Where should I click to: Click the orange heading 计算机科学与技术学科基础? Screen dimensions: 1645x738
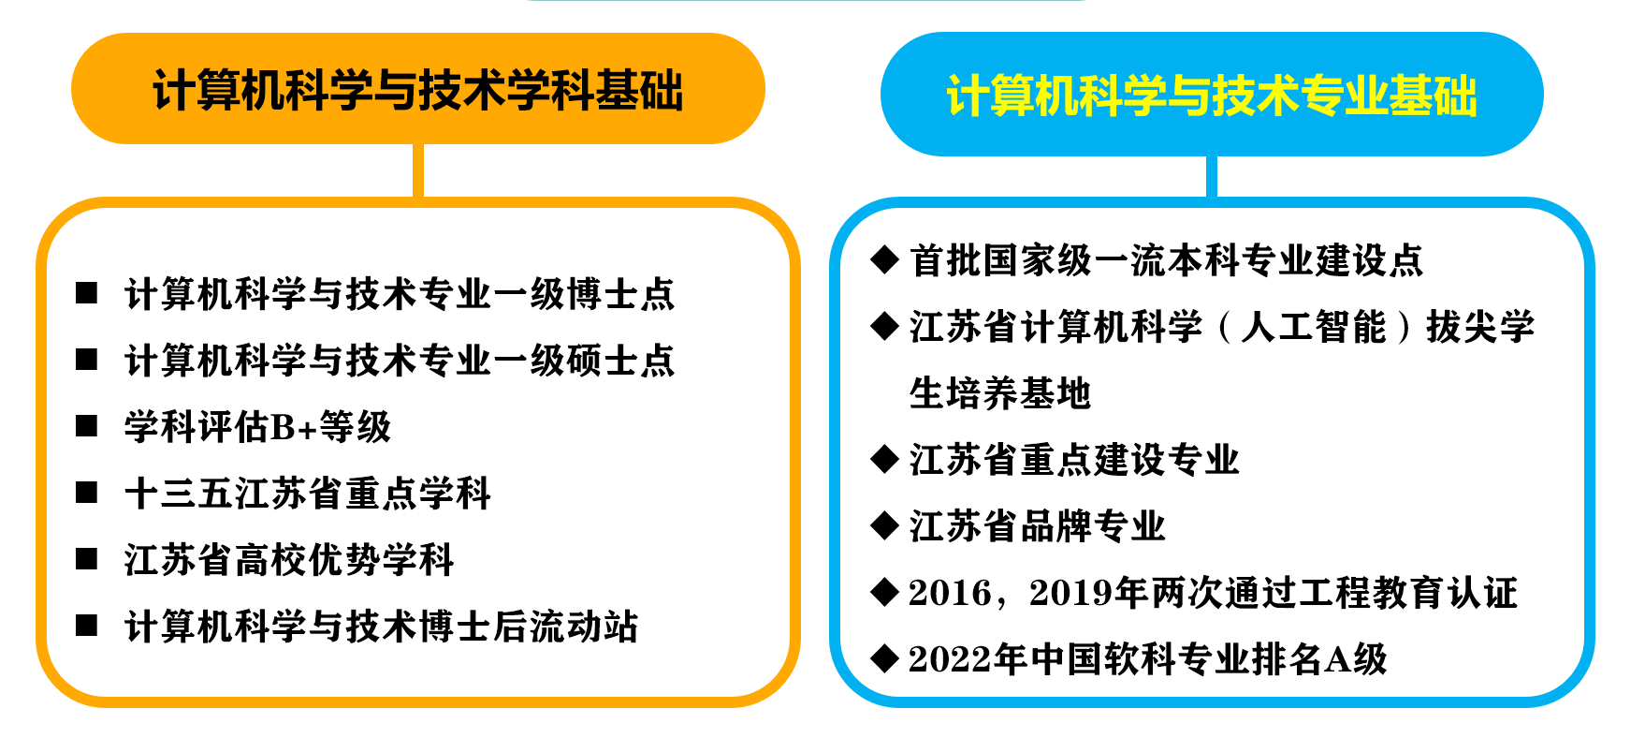point(417,91)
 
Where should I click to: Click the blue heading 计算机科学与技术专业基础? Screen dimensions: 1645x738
point(1212,96)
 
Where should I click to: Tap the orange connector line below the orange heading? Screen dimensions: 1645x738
point(418,170)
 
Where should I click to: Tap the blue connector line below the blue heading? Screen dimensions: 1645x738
point(1212,176)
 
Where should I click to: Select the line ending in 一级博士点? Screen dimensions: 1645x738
point(400,294)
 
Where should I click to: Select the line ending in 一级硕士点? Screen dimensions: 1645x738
point(400,361)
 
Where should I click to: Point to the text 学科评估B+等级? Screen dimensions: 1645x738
point(257,427)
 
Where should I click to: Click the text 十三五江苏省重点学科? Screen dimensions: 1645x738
point(308,494)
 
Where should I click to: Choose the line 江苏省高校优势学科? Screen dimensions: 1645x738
point(289,560)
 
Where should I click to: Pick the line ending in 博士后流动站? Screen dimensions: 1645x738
point(381,627)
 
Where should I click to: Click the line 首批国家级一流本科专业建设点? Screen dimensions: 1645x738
point(1166,260)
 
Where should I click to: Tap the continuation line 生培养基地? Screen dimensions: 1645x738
point(1000,393)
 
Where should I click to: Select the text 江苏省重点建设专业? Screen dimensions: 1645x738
point(1074,460)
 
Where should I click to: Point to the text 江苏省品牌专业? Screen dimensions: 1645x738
point(1038,526)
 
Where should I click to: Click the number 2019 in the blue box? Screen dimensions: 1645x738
point(1070,593)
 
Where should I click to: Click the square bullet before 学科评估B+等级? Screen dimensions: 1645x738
point(87,427)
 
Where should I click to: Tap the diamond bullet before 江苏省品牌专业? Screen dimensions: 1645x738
point(884,525)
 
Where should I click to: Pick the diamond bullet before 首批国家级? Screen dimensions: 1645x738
point(884,259)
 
